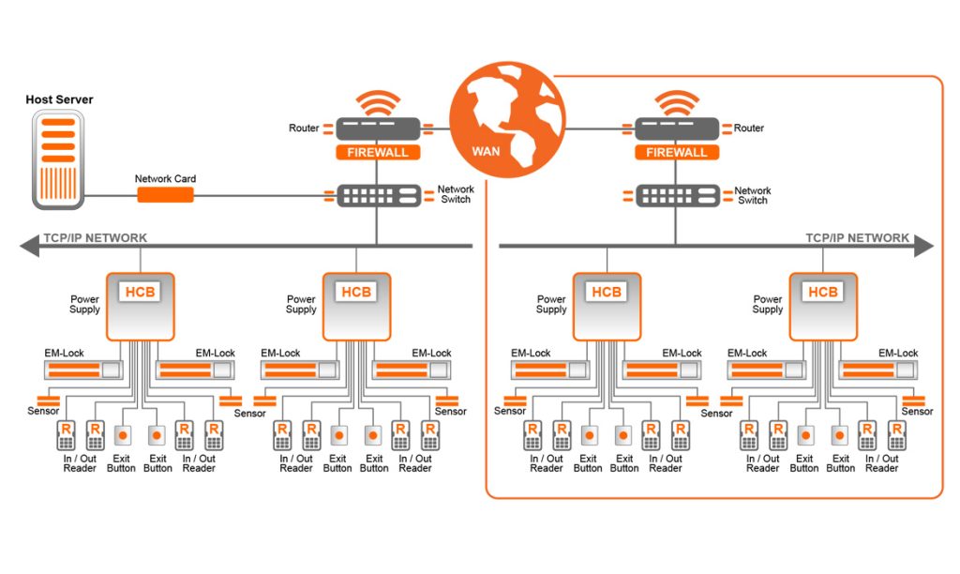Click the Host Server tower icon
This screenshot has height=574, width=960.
click(x=57, y=159)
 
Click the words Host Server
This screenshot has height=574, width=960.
click(x=59, y=99)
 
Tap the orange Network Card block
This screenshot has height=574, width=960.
click(x=166, y=195)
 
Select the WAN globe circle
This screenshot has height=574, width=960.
click(x=507, y=119)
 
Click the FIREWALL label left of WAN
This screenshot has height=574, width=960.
click(x=377, y=152)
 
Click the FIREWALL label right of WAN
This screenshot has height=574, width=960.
click(x=677, y=152)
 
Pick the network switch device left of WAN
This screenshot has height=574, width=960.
click(x=378, y=195)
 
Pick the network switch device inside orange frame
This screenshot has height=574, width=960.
click(x=678, y=195)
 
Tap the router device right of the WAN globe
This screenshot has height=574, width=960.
click(x=677, y=128)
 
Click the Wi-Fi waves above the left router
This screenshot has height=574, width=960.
click(x=378, y=102)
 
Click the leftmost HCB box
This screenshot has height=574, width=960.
click(x=141, y=306)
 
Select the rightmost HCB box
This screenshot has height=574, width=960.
click(x=822, y=306)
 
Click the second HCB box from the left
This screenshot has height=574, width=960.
click(x=356, y=306)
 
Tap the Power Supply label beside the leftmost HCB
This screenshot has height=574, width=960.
click(x=84, y=305)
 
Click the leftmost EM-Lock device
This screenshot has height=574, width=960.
click(x=84, y=370)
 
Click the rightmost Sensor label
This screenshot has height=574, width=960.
click(x=917, y=412)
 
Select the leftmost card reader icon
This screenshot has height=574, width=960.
click(x=66, y=434)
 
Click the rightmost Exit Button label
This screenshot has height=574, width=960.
click(x=840, y=463)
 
